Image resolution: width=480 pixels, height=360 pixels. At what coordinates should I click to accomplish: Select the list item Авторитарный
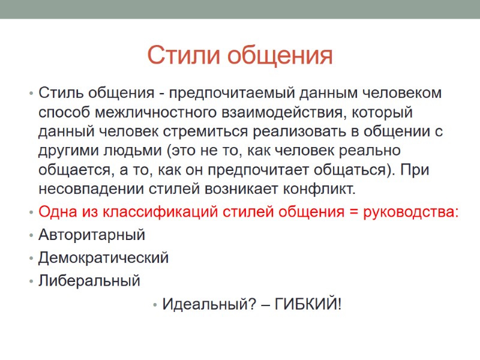click(x=92, y=235)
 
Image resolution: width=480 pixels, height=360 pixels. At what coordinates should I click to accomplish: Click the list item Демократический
click(x=103, y=258)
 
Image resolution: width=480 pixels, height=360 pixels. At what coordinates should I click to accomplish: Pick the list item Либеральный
click(x=89, y=280)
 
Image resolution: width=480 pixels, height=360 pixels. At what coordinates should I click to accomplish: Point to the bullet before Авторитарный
click(x=29, y=235)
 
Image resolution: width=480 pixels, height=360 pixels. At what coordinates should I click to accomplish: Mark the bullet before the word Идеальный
click(x=155, y=305)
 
